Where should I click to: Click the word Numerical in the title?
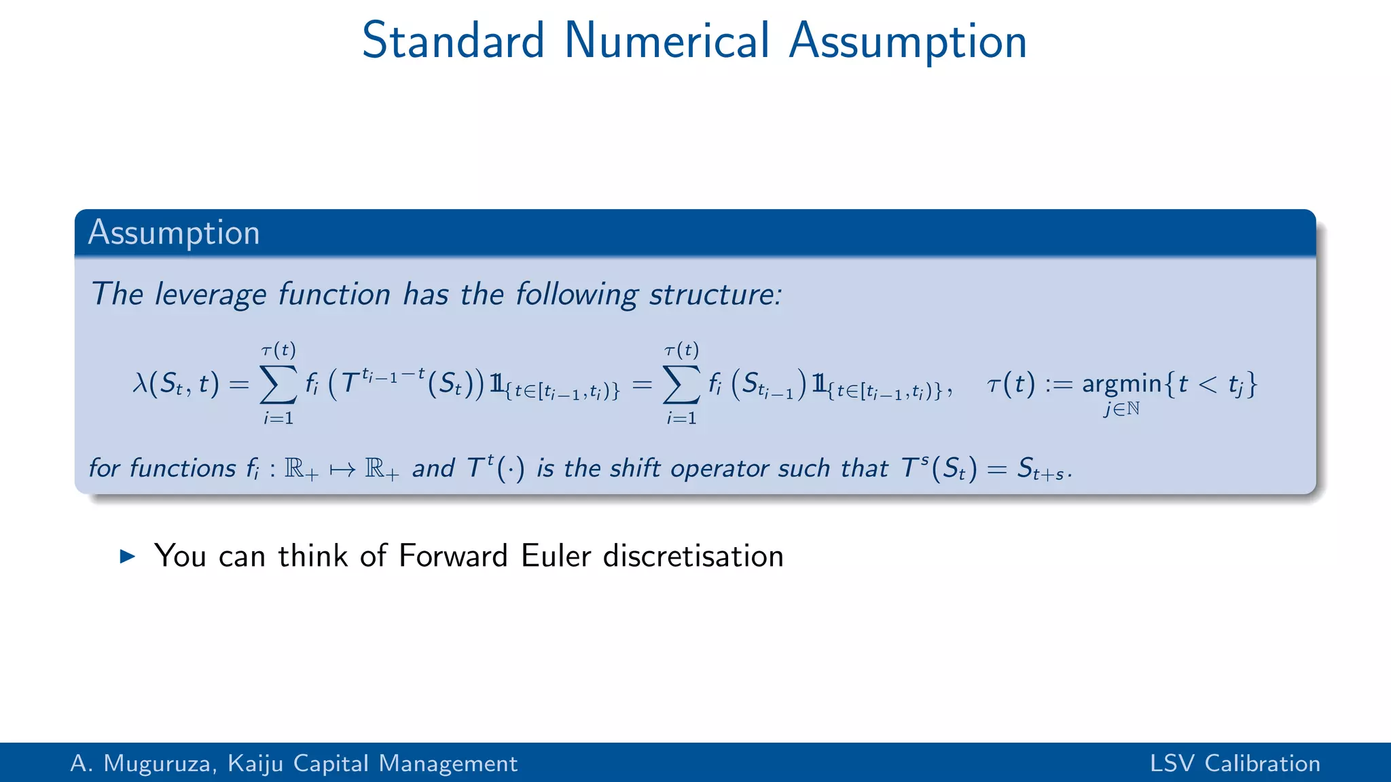point(667,41)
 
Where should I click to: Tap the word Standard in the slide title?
point(453,41)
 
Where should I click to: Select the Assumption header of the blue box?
point(174,233)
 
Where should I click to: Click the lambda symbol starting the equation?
point(141,384)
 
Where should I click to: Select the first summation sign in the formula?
point(278,385)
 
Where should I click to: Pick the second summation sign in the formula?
point(681,385)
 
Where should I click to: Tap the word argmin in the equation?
point(1122,384)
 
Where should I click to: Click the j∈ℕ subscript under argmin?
point(1121,409)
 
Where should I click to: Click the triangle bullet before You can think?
point(127,557)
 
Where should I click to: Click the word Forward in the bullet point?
point(453,556)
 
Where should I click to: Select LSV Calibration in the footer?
point(1235,764)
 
